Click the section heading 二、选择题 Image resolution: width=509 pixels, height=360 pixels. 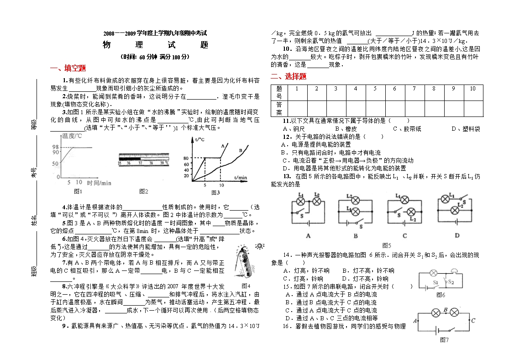pyautogui.click(x=289, y=76)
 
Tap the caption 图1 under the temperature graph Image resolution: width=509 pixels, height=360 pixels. pyautogui.click(x=78, y=191)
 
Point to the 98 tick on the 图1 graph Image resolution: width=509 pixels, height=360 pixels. pyautogui.click(x=55, y=147)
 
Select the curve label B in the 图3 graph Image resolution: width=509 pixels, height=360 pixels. pyautogui.click(x=240, y=150)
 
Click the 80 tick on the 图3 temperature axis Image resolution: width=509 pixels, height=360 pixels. pyautogui.click(x=186, y=158)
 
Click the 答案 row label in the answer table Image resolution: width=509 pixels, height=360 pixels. pyautogui.click(x=279, y=108)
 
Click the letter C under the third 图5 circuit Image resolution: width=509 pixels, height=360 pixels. pyautogui.click(x=404, y=236)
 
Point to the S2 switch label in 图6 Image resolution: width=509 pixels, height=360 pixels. pyautogui.click(x=450, y=282)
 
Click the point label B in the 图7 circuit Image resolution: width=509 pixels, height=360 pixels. pyautogui.click(x=446, y=310)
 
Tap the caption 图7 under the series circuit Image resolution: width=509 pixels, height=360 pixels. pyautogui.click(x=444, y=340)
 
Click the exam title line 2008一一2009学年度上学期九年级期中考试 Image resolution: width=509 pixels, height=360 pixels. pyautogui.click(x=155, y=33)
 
